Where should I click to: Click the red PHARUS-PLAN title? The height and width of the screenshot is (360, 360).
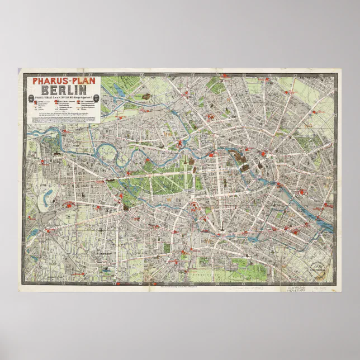[x=64, y=80]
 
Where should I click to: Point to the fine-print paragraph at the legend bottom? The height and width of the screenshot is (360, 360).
[x=64, y=117]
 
